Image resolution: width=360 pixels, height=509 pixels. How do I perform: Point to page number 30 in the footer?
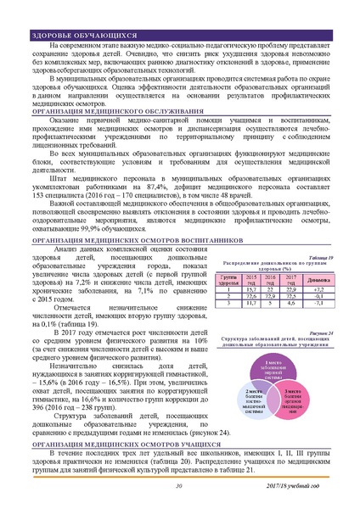(x=179, y=484)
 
